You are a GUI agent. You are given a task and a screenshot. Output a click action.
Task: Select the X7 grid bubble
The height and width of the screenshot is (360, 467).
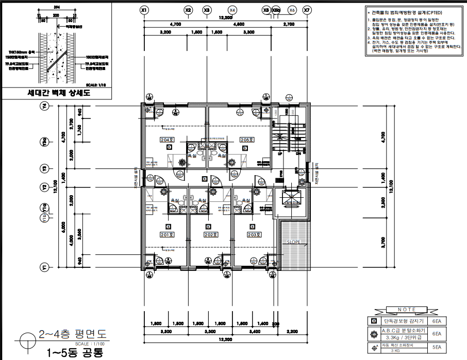point(307,10)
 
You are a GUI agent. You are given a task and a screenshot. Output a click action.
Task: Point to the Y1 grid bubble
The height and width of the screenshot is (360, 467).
point(44,267)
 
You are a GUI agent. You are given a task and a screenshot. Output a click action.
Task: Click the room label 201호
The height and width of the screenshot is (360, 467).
point(166,235)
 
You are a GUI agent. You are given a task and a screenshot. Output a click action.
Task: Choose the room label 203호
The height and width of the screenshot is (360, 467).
point(253,235)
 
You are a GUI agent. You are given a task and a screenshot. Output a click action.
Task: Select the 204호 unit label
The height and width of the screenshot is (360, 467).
point(166,140)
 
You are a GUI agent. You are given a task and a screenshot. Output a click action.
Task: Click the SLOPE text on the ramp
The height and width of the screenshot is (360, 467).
point(296,241)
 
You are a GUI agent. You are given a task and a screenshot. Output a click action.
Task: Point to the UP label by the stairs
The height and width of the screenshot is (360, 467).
point(280,153)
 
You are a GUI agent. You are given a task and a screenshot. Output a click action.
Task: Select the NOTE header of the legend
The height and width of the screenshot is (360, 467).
point(403,310)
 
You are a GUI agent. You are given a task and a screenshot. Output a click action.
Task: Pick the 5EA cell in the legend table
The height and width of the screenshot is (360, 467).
point(436,347)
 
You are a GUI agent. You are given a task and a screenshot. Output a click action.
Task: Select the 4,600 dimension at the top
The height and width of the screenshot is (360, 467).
point(238,24)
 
